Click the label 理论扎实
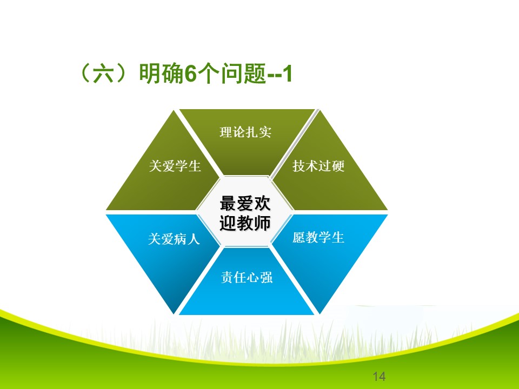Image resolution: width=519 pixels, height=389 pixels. tap(245, 132)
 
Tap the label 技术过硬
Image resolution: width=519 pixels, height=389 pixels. tap(318, 166)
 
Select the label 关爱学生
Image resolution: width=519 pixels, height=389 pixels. tap(175, 166)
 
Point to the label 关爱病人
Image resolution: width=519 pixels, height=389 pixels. tap(174, 238)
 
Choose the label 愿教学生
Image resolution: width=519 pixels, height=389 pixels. tap(318, 237)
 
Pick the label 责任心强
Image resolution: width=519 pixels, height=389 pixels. tap(247, 277)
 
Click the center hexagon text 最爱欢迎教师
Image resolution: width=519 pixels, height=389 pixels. tap(245, 213)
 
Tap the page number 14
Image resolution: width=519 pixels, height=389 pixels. tap(379, 376)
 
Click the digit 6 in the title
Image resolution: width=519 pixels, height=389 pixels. tap(190, 73)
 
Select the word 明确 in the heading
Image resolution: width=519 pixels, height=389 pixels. tap(161, 73)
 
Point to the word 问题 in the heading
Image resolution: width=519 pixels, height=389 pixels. tap(244, 73)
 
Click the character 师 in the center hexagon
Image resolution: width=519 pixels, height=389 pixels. tap(262, 223)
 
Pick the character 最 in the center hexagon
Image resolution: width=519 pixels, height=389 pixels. tap(228, 203)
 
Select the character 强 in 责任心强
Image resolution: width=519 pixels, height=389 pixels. tap(267, 277)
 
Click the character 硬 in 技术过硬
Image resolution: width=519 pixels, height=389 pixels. tap(338, 166)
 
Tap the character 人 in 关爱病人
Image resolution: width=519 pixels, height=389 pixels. tap(194, 238)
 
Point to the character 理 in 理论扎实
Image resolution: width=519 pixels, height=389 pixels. tap(226, 132)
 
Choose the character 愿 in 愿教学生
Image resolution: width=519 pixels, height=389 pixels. tap(299, 237)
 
